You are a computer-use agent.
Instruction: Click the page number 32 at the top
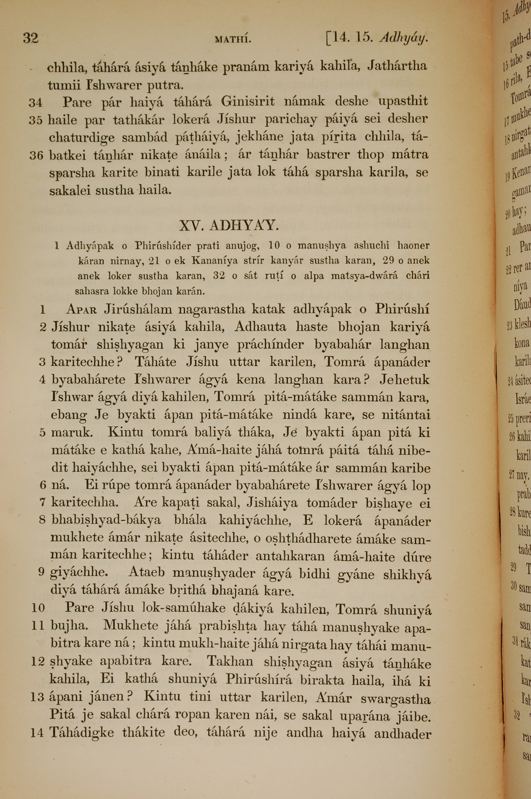coord(31,38)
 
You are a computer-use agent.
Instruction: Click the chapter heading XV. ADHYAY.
coord(229,225)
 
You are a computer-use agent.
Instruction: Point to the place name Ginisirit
coord(248,101)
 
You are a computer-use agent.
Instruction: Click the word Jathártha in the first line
coord(397,65)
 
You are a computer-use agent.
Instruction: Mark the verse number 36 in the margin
coord(36,155)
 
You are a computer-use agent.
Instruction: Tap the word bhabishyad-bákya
coord(106,521)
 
